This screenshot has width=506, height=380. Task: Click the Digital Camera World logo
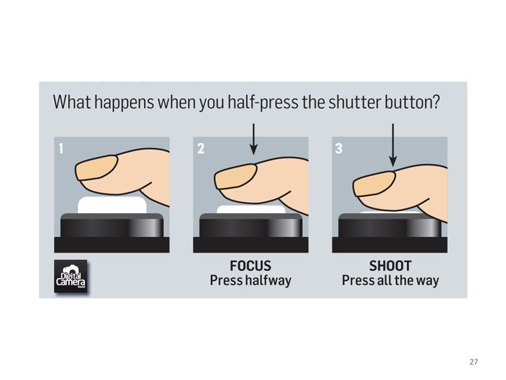click(x=71, y=277)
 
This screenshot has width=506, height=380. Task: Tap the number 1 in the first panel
click(x=61, y=148)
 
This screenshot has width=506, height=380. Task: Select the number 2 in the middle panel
click(x=201, y=148)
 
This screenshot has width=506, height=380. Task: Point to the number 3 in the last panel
click(x=339, y=148)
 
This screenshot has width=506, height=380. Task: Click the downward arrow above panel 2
click(x=254, y=139)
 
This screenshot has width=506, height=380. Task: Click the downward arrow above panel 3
click(x=393, y=145)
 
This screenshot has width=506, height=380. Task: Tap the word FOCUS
click(x=250, y=266)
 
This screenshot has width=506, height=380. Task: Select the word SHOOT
click(x=390, y=266)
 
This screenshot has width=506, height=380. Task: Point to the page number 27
click(x=474, y=362)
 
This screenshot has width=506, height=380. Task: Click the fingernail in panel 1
click(x=96, y=167)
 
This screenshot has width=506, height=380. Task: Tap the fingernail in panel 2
click(x=235, y=177)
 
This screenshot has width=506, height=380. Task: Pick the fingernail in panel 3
click(x=374, y=184)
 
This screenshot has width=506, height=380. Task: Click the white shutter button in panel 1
click(x=112, y=205)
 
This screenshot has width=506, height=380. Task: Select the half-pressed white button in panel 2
click(x=251, y=210)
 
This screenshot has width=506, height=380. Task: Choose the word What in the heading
click(x=72, y=102)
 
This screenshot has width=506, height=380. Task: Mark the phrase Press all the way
click(x=391, y=281)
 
